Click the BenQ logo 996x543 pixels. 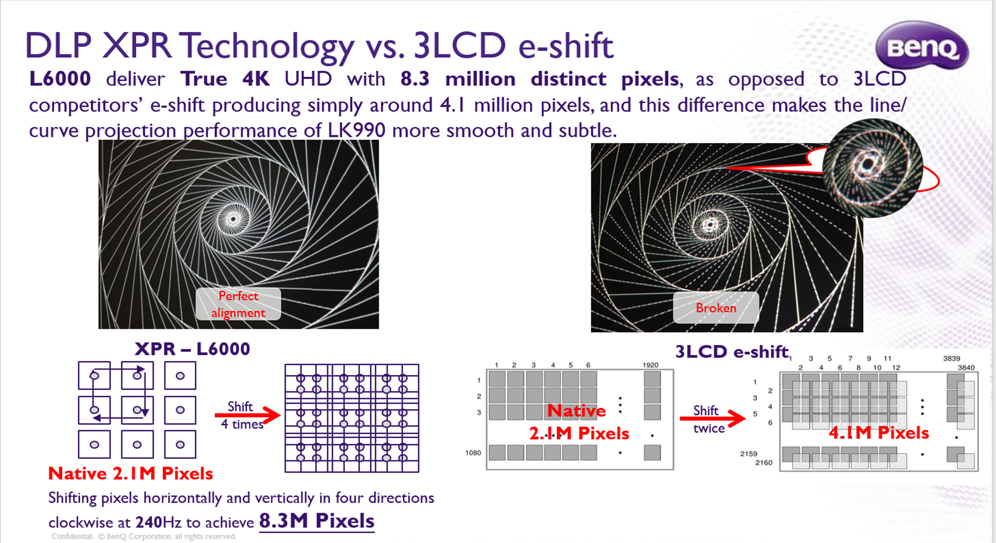(922, 46)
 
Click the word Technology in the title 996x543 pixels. (267, 46)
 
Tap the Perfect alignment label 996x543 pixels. (238, 304)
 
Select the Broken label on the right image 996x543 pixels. (716, 308)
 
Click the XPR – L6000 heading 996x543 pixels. (192, 349)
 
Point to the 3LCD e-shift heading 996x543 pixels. (732, 352)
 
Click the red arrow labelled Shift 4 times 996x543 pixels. (248, 415)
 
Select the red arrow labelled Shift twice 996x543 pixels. (713, 418)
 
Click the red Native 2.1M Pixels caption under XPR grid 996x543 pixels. (131, 473)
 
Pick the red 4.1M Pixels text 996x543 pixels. (879, 433)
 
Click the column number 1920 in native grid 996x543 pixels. (650, 365)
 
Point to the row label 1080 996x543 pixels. (473, 453)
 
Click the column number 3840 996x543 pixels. (966, 368)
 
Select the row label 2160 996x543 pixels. (764, 463)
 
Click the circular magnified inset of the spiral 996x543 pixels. (873, 168)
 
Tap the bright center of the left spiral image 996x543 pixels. (233, 220)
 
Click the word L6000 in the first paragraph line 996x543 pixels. (60, 79)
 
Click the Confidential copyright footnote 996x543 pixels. (144, 536)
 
